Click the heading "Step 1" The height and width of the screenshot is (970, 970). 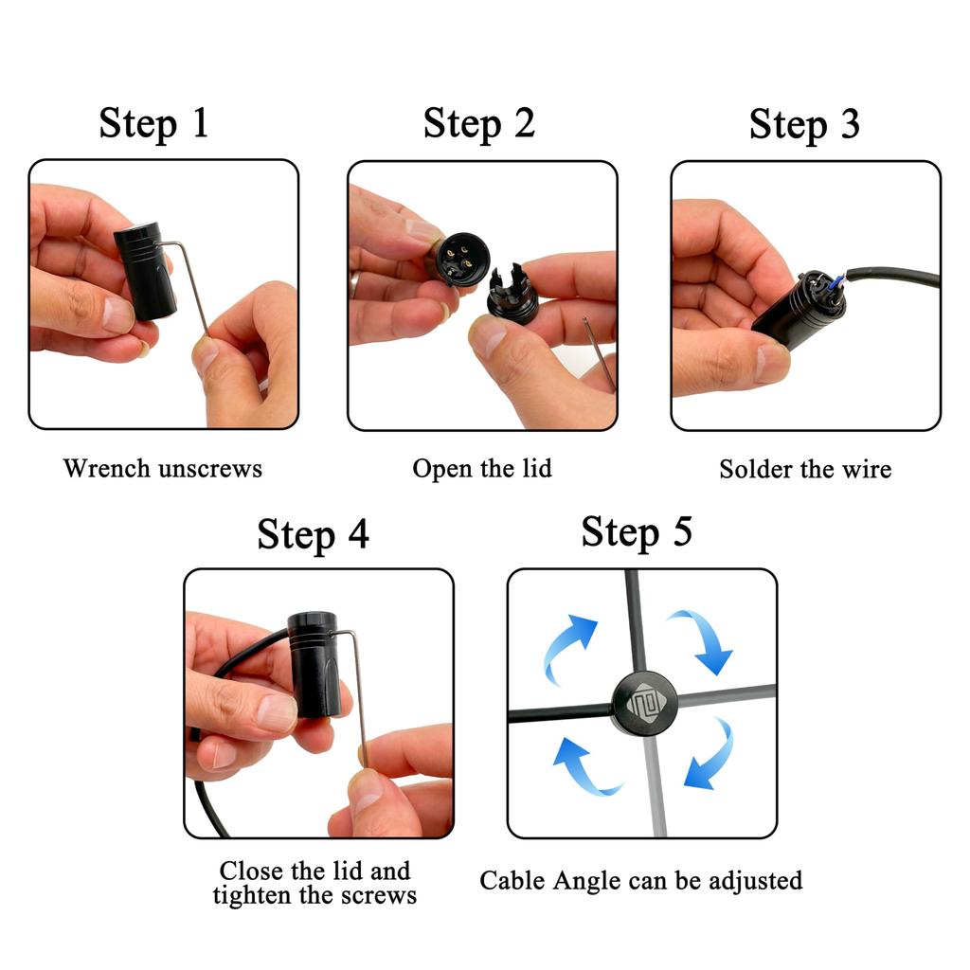[153, 124]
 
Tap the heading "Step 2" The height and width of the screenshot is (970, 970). [478, 124]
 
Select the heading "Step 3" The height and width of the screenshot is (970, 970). [804, 125]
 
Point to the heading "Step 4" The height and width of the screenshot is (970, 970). [313, 534]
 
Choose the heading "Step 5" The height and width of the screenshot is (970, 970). [637, 532]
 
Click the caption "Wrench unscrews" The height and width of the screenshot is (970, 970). [162, 468]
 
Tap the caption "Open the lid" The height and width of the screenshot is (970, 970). [481, 468]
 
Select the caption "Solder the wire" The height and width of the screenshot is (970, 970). [804, 469]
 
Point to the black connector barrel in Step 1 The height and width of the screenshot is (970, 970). [149, 271]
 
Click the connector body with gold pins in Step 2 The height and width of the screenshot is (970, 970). [457, 256]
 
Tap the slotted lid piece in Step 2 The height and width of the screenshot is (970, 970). [512, 291]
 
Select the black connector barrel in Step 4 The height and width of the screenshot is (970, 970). [314, 663]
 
